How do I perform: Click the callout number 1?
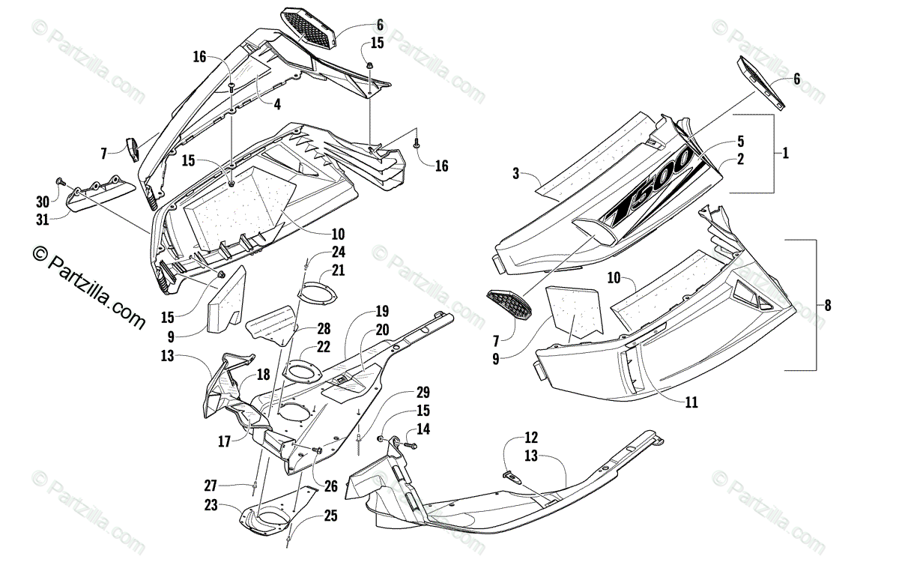[784, 153]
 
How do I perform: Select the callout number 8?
[826, 305]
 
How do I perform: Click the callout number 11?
[691, 402]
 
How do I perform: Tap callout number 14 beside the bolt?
[424, 429]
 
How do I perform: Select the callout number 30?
[43, 201]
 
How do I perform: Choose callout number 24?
[339, 252]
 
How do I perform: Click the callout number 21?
[339, 270]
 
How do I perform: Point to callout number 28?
[323, 328]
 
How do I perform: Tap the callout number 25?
[330, 516]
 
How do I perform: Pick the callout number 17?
[224, 442]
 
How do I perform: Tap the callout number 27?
[211, 484]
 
